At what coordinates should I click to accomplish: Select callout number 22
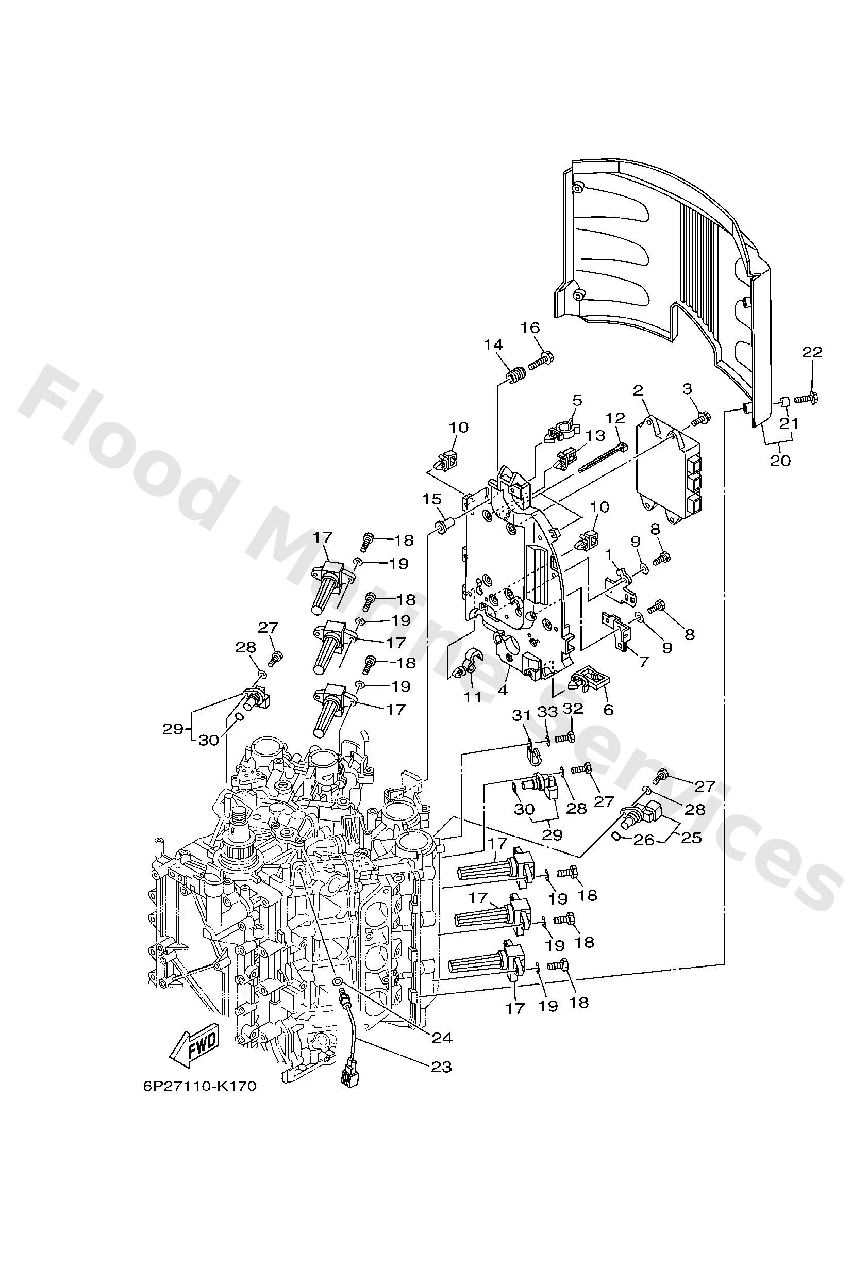pyautogui.click(x=812, y=352)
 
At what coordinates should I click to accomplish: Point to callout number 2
pyautogui.click(x=638, y=391)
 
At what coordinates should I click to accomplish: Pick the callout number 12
pyautogui.click(x=615, y=419)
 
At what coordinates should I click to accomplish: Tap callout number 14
pyautogui.click(x=493, y=345)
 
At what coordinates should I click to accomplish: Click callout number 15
pyautogui.click(x=432, y=500)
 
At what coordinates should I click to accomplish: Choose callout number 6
pyautogui.click(x=608, y=710)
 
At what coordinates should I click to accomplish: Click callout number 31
pyautogui.click(x=522, y=716)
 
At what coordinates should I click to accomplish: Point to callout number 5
pyautogui.click(x=577, y=400)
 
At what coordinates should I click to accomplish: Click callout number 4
pyautogui.click(x=503, y=690)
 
